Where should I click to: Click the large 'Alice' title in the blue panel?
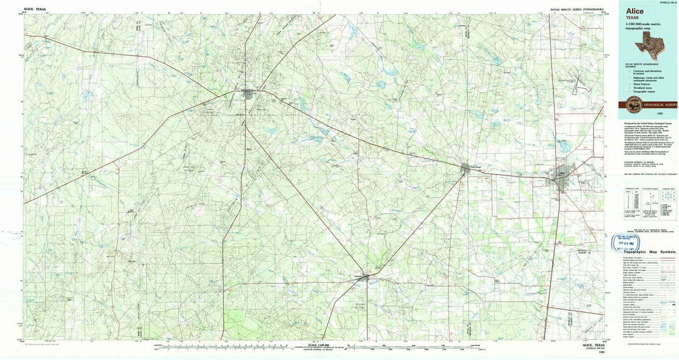[631, 11]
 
